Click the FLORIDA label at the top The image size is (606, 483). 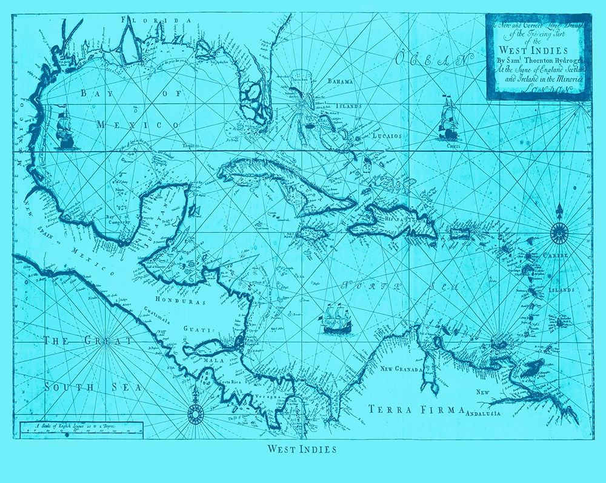point(156,20)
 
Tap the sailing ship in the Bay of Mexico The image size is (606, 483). point(64,130)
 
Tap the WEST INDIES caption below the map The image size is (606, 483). point(301,450)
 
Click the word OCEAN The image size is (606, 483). point(434,60)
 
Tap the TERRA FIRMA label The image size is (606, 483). point(416,410)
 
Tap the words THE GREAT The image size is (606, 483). point(88,341)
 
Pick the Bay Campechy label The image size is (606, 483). point(118,220)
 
